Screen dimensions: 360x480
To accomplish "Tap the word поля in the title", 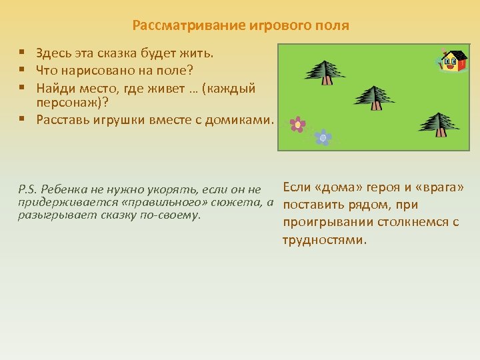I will click(331, 26).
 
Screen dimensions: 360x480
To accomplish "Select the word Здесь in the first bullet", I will click(54, 53).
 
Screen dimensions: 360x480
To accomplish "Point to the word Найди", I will click(54, 88).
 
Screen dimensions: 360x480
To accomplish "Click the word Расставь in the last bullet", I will click(63, 120).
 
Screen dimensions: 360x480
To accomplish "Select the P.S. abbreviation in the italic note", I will click(30, 191).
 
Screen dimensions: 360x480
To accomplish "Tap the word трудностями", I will click(325, 240).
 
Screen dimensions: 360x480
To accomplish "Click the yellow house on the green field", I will click(453, 61).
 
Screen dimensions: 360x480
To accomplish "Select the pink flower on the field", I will click(298, 124).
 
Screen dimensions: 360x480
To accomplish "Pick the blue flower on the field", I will click(323, 137).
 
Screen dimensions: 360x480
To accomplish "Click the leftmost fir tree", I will click(325, 71).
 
